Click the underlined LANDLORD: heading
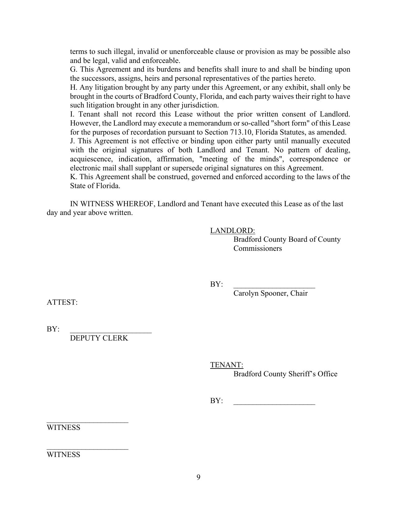232,231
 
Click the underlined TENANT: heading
226,365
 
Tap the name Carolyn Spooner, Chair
270,293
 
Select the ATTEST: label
62,302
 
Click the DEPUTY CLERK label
99,338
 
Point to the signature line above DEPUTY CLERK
111,332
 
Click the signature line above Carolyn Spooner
274,288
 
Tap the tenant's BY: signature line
274,404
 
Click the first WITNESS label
63,428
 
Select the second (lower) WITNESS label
63,455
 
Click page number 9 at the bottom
198,478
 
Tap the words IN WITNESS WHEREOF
113,204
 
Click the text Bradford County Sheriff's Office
285,374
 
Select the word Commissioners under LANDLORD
258,249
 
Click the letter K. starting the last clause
73,177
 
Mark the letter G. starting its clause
73,69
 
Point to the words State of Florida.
95,186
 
